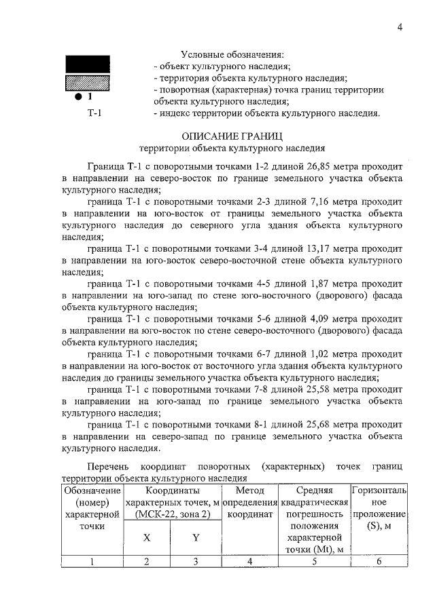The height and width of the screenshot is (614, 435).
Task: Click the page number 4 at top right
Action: [400, 27]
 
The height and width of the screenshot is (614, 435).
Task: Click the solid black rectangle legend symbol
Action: [87, 64]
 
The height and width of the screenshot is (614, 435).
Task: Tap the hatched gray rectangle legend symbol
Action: [87, 83]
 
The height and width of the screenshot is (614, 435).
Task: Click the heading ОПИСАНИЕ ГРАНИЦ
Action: [232, 135]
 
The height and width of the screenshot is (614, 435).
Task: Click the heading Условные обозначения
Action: [232, 54]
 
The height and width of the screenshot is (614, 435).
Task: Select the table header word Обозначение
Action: [91, 490]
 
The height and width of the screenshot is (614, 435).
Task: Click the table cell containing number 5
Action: [314, 561]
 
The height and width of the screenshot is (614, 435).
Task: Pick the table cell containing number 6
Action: [379, 561]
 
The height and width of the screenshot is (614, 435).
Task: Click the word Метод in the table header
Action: [249, 490]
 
